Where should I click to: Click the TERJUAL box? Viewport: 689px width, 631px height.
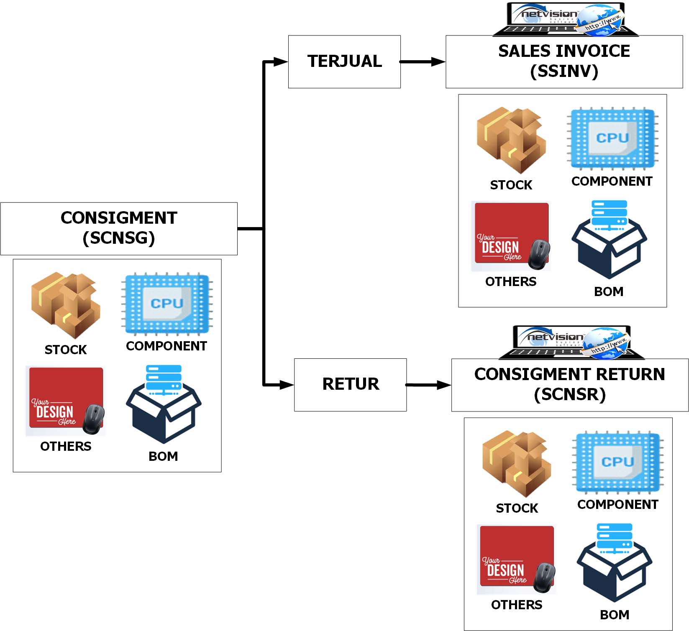344,61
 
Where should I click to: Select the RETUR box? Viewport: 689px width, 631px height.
350,385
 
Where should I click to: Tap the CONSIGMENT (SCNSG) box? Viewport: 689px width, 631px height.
119,228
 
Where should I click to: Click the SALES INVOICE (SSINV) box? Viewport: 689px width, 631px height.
564,61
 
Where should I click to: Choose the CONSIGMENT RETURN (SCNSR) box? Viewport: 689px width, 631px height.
570,385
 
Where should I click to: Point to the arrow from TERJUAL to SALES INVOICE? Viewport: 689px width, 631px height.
423,62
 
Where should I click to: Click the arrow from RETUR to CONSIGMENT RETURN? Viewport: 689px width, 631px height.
428,385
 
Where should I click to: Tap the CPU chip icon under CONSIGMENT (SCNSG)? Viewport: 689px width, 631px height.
167,303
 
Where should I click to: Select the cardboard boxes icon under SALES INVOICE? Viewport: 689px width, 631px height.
511,140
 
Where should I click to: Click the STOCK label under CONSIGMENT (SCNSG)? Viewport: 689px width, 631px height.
66,350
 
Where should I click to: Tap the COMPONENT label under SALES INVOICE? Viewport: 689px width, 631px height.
612,181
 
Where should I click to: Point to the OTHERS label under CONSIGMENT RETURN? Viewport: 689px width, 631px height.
517,605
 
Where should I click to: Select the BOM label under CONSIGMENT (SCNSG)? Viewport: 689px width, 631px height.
163,456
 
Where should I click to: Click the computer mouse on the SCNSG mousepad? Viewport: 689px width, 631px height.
93,419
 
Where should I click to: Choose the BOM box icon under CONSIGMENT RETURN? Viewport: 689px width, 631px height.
615,562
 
